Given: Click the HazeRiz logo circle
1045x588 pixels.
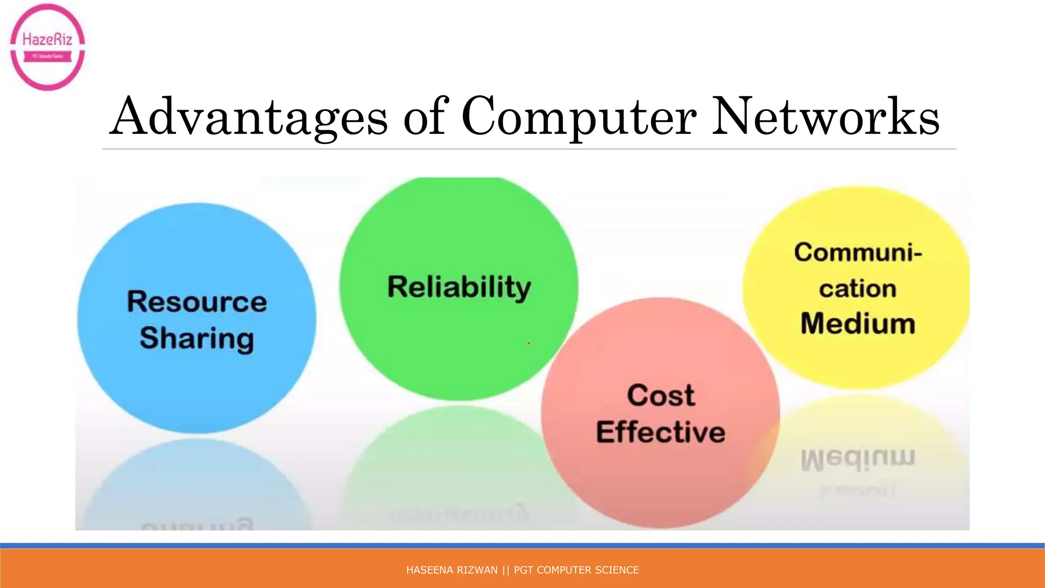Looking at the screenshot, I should click(47, 46).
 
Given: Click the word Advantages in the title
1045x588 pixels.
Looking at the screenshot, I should click(248, 117).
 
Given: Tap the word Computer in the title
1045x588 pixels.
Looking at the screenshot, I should click(579, 117).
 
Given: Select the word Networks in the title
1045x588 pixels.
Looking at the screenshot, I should click(825, 117).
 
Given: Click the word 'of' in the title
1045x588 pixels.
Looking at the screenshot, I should click(426, 117).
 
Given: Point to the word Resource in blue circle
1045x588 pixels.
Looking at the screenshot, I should click(197, 302).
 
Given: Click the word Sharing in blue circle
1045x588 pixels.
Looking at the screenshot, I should click(197, 338).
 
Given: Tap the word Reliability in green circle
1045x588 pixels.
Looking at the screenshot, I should click(459, 287).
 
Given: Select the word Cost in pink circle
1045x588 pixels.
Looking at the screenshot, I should click(661, 396).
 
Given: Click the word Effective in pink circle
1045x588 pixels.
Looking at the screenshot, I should click(661, 432).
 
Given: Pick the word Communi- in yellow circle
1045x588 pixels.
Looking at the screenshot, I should click(858, 253).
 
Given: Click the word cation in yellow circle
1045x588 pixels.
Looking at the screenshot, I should click(858, 289).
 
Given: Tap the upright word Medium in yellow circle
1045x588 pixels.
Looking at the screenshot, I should click(858, 324).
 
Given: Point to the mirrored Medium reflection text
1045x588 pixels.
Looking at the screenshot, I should click(858, 459).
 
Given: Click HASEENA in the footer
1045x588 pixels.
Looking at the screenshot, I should click(427, 570).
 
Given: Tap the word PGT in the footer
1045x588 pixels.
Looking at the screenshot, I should click(524, 570).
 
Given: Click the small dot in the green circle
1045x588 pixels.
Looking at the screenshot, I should click(529, 344).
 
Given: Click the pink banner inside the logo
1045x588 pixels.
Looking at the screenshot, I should click(47, 57).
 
